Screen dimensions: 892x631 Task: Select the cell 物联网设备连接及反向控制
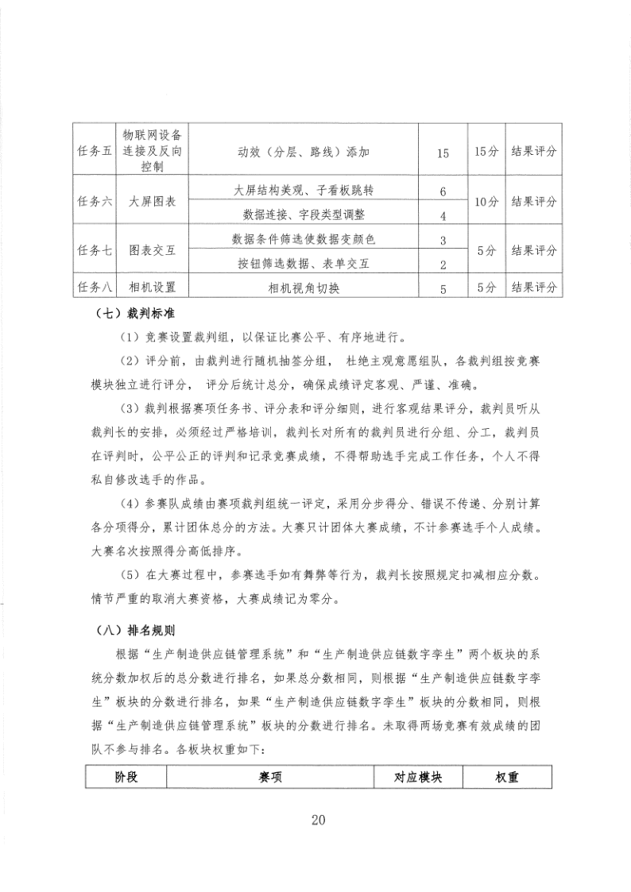[152, 152]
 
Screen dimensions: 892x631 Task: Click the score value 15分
[486, 152]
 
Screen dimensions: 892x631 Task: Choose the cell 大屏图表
[152, 203]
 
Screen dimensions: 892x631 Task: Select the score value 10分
[486, 203]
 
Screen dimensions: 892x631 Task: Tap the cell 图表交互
[152, 250]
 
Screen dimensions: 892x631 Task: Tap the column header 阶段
[126, 778]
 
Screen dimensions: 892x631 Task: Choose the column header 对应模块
[418, 778]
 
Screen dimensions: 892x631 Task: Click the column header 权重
[507, 778]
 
